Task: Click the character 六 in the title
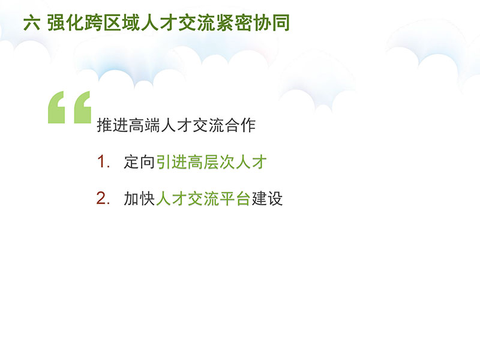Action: tap(32, 23)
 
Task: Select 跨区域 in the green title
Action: tap(112, 23)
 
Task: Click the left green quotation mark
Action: tap(56, 107)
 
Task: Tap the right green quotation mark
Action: tap(82, 107)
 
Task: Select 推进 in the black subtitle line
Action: tap(112, 125)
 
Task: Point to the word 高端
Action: tap(144, 125)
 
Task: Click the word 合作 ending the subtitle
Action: tap(239, 125)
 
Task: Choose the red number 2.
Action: tap(101, 198)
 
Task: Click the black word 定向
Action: tap(139, 162)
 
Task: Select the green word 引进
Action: tap(172, 162)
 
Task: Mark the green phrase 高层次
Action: tap(211, 162)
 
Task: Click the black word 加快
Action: tap(139, 199)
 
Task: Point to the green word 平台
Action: tap(235, 199)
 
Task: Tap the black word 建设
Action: tap(266, 199)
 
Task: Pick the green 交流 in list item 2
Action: tap(203, 199)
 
